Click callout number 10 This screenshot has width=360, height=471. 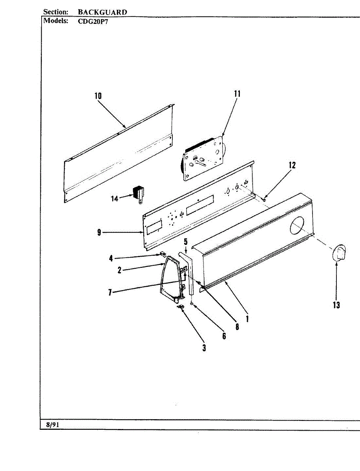coord(98,95)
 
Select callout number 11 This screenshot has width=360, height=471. coord(237,94)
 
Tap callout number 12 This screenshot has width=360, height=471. coord(292,165)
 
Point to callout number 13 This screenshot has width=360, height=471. coord(336,305)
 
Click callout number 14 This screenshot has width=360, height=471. coord(114,199)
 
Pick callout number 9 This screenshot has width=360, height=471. coord(99,233)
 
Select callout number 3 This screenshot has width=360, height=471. coord(204,348)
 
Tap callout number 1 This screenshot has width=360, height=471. coord(247,319)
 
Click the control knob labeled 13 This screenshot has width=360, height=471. coord(338,253)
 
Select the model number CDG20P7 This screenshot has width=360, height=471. coord(93,22)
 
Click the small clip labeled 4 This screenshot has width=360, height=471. coord(161,255)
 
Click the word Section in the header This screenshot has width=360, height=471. coord(56,12)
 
